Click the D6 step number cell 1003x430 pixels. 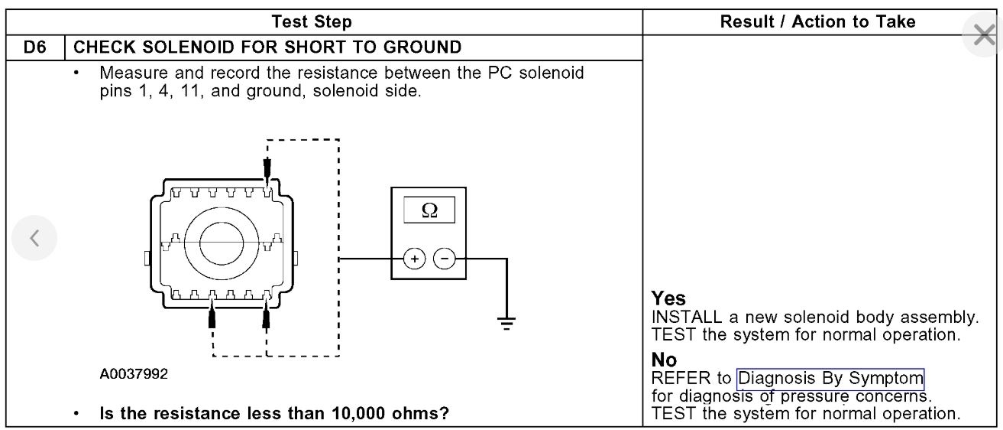[x=35, y=47]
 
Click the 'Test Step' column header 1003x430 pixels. [x=312, y=22]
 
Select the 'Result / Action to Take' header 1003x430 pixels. [x=817, y=22]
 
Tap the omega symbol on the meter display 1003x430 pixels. [x=429, y=210]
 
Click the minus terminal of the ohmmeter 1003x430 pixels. [x=444, y=259]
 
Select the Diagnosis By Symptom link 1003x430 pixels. [x=830, y=379]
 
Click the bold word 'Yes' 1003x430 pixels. [x=668, y=298]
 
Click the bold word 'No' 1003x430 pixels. [x=664, y=360]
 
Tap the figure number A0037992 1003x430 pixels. [x=134, y=374]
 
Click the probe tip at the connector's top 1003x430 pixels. [x=267, y=167]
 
